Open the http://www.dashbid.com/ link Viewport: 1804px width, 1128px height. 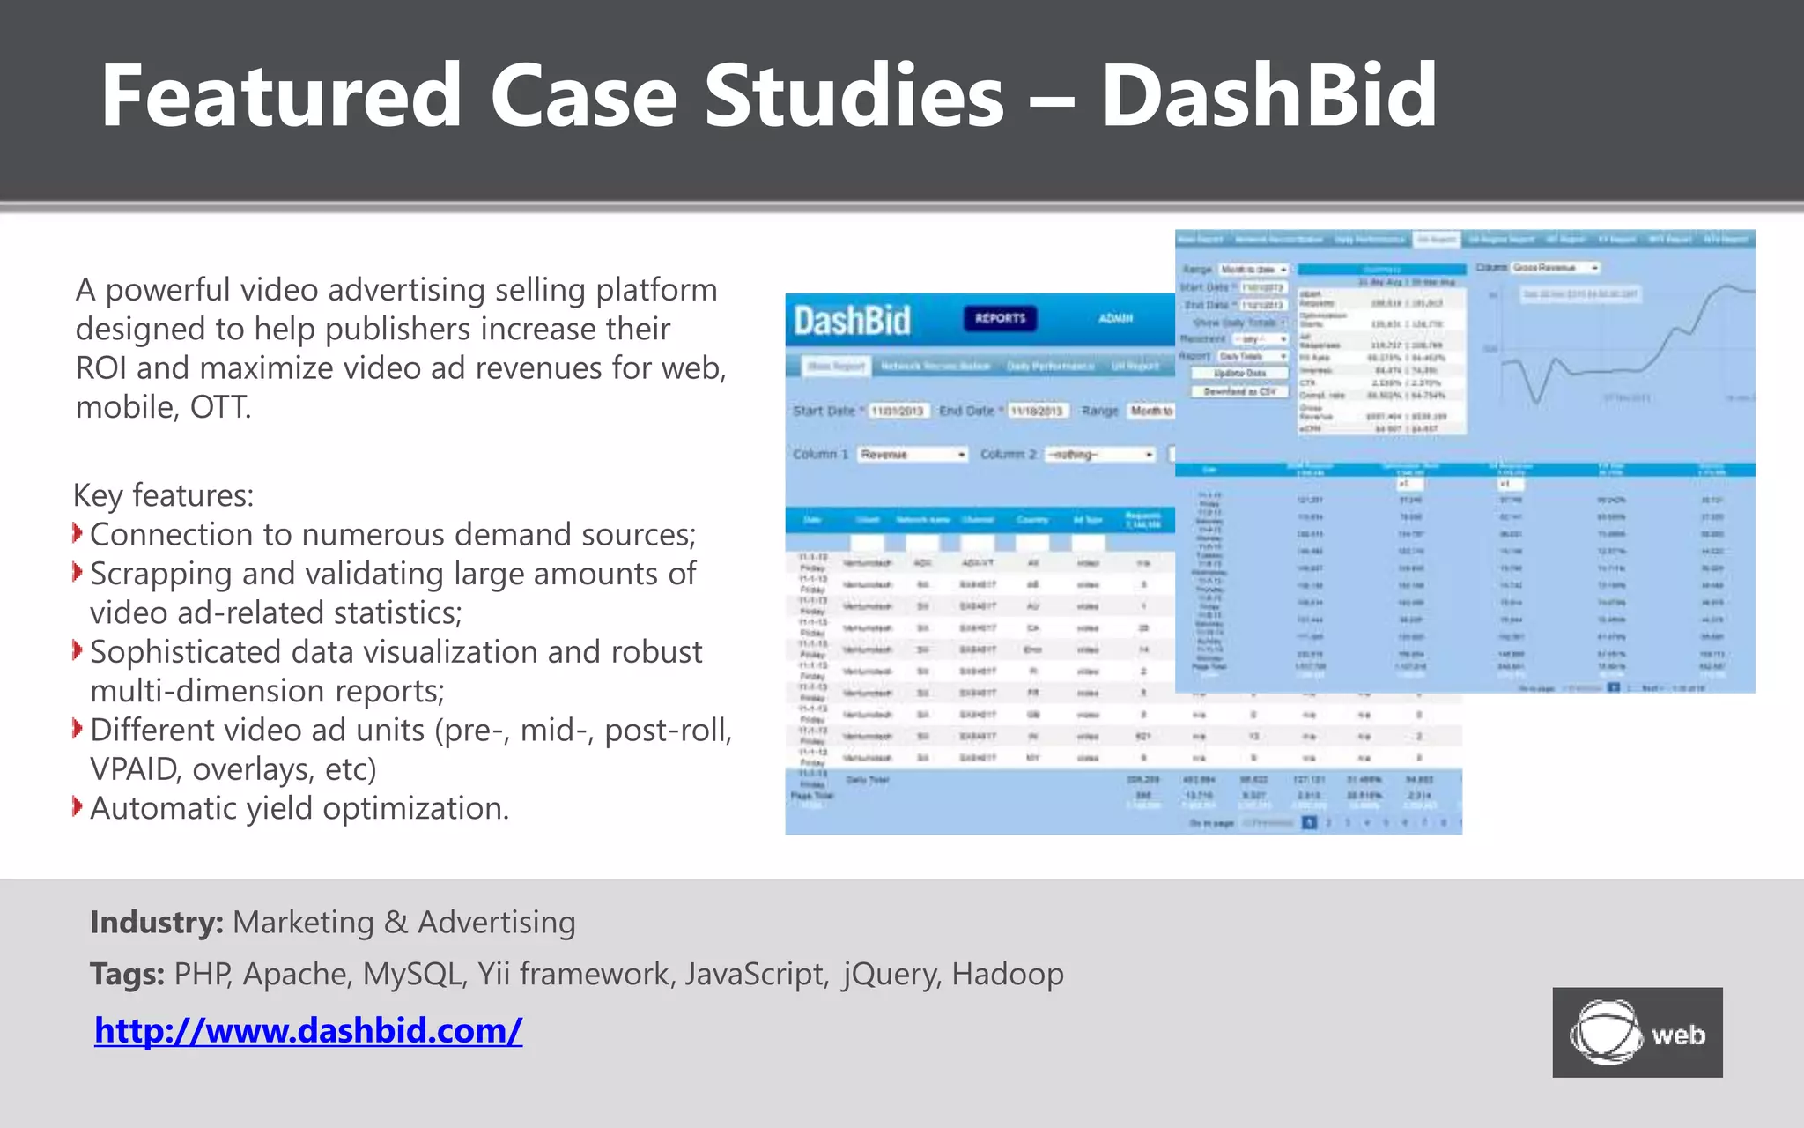click(308, 1030)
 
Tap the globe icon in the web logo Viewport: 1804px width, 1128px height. click(1605, 1032)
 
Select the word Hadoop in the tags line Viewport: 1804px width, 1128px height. click(1007, 974)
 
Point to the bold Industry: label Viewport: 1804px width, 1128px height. click(157, 922)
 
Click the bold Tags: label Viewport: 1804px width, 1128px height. click(127, 974)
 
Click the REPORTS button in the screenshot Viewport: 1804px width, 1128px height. click(1000, 318)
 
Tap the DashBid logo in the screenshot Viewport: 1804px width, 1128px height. click(852, 320)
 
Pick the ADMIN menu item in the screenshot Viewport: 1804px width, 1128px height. click(1115, 318)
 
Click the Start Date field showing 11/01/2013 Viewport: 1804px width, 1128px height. click(898, 411)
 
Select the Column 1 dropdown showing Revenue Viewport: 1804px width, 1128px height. click(913, 454)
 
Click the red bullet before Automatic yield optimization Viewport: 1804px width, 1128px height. click(78, 806)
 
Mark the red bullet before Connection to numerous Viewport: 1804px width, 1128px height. click(78, 533)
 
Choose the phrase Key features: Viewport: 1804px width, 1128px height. click(163, 495)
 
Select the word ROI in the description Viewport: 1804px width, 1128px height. click(101, 367)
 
